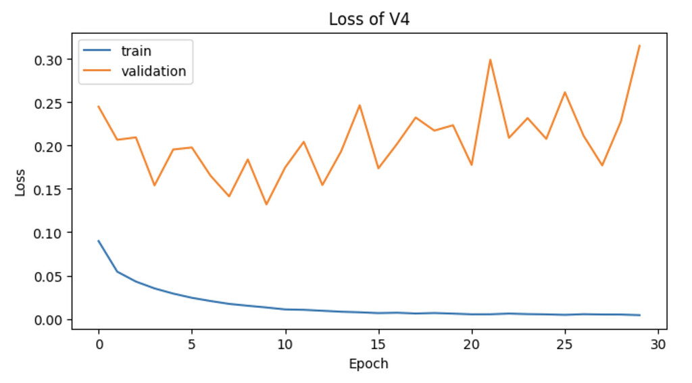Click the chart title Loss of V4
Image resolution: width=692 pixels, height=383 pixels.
[x=369, y=19]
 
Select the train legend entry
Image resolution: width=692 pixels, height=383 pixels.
[x=136, y=51]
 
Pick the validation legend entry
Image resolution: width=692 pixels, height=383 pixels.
[x=153, y=71]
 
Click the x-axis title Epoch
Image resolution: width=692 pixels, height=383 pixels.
[x=368, y=364]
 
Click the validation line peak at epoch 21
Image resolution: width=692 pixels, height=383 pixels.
[x=490, y=60]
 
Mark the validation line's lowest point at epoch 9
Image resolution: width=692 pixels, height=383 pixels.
[x=266, y=204]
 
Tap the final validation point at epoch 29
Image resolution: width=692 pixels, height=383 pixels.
[x=639, y=45]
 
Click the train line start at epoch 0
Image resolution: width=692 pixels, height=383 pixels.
[x=99, y=241]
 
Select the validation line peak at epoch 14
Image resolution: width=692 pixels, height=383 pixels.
[x=360, y=105]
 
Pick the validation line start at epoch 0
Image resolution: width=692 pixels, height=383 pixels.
[x=99, y=106]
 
